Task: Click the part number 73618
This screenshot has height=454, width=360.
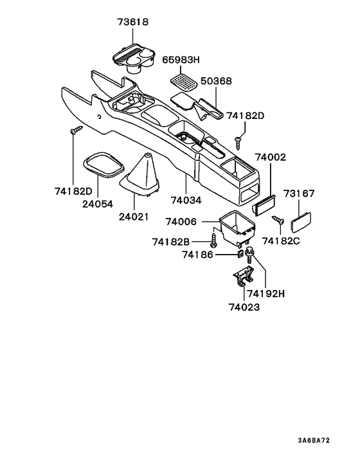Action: pos(133,23)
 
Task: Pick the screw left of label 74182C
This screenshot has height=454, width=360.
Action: pos(278,220)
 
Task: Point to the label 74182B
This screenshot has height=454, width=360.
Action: pos(171,242)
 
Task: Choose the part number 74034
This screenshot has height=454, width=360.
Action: pos(185,200)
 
